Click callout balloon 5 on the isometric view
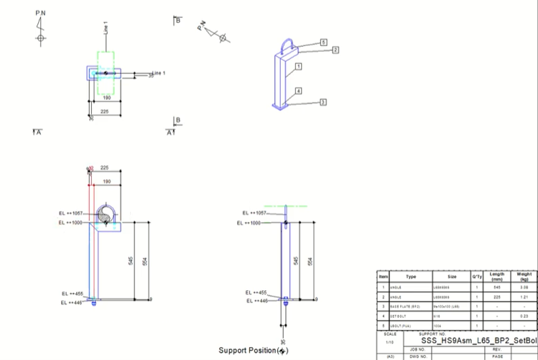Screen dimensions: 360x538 pos(323,42)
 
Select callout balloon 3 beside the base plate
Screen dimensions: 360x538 pos(323,102)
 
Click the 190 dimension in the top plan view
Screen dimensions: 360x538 pos(106,97)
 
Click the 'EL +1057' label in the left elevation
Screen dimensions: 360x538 pos(72,213)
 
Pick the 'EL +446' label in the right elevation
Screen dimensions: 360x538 pos(256,300)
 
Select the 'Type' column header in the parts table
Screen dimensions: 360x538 pos(411,277)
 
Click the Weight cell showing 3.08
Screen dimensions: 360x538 pos(524,287)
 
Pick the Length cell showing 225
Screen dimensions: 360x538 pos(497,296)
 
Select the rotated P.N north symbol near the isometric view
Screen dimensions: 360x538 pos(214,32)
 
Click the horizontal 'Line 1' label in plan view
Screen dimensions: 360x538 pos(159,73)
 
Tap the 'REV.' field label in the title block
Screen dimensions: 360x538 pos(497,349)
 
